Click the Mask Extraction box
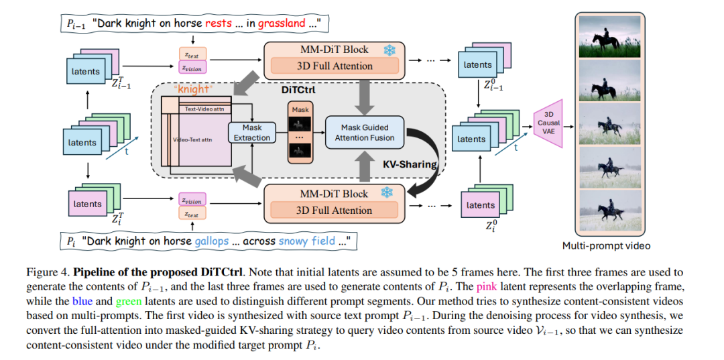[x=252, y=133]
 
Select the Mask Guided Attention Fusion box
[x=364, y=133]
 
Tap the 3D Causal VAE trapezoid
[x=548, y=123]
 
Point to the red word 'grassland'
[x=282, y=23]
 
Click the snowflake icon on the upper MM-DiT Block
[x=389, y=50]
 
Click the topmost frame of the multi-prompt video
[x=609, y=37]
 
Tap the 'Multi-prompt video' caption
[x=606, y=245]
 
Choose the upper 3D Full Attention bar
[x=335, y=66]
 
